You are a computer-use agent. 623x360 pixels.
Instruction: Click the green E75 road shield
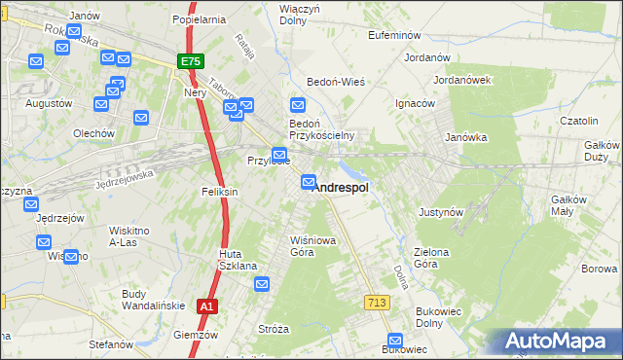point(191,61)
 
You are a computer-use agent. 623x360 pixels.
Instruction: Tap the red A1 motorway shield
point(206,306)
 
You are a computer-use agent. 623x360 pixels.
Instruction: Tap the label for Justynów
point(440,211)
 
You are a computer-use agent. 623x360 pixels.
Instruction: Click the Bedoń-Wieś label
point(336,83)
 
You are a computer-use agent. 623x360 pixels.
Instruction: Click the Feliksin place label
point(219,193)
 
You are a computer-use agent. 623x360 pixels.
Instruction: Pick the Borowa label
point(599,269)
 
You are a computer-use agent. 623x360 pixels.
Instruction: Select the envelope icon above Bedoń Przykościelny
point(299,105)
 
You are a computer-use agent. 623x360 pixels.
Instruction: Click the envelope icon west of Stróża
point(262,284)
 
